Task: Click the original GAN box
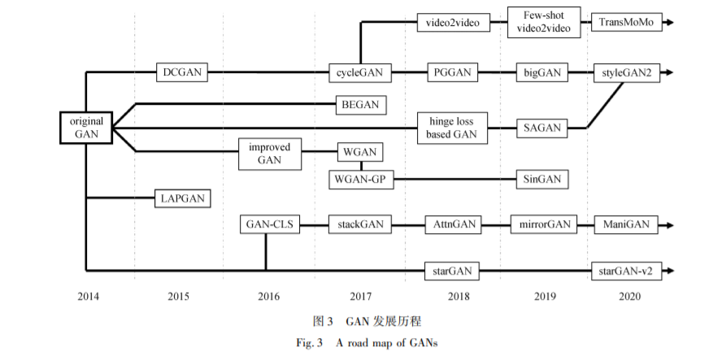[x=85, y=127]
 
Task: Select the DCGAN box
[x=182, y=73]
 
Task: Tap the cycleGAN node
[x=360, y=73]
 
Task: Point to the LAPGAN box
[x=183, y=198]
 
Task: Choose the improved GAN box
[x=269, y=154]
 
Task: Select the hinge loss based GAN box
[x=451, y=128]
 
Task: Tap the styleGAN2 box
[x=627, y=73]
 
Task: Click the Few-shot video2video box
[x=544, y=22]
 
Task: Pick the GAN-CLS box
[x=269, y=223]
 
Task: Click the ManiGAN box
[x=626, y=223]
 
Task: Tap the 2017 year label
[x=360, y=297]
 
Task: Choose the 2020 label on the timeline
[x=628, y=297]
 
